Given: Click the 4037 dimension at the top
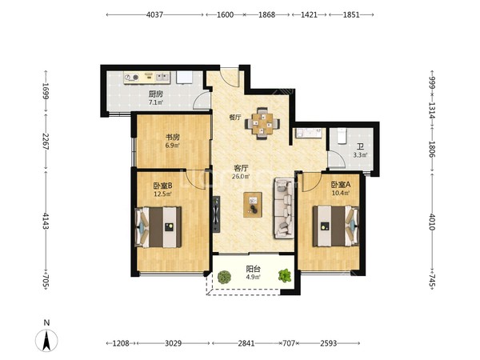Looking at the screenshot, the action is coord(154,14).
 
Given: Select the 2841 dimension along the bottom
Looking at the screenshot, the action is coord(246,343).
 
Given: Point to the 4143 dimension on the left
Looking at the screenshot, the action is coord(46,221).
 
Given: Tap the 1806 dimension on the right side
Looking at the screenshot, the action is coord(432,149).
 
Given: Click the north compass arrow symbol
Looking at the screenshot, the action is coord(46,340).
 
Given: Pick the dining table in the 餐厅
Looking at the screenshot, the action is coord(262,123).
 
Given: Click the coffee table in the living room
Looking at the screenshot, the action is coord(253,205).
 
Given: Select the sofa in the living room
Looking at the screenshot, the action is coord(284,208).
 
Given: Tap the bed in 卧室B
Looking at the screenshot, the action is coord(158,227).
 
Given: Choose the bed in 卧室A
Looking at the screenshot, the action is coord(335,226).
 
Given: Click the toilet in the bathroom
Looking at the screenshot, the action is coord(342,136).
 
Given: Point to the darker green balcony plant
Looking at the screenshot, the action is coord(224,277).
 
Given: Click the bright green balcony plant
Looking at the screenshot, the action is coord(285,275).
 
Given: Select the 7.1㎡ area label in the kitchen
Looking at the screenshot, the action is coord(156,102).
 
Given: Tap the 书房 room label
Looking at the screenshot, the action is coord(172,137).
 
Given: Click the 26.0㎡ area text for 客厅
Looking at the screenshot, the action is coord(241,176).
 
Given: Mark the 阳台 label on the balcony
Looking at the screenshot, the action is coord(253,269).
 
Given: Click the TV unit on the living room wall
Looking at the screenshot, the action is coord(217,214).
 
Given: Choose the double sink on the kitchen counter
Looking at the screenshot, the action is coord(162,77).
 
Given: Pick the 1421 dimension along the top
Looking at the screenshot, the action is coord(309,14).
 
